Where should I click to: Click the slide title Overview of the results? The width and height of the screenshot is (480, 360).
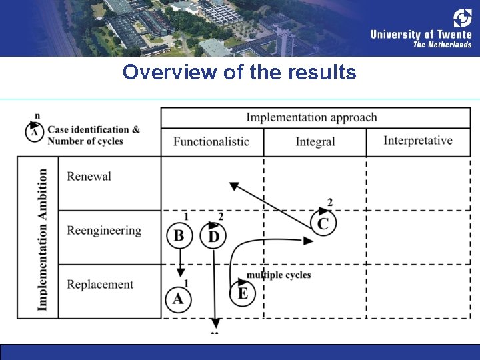pos(239,72)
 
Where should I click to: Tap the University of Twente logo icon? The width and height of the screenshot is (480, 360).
pos(463,18)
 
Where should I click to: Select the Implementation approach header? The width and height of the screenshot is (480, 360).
pos(311,118)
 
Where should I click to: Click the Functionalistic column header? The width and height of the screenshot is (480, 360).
pos(211,141)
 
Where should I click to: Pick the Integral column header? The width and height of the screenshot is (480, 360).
pos(315,141)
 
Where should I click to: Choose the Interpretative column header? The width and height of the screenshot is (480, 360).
pos(418,141)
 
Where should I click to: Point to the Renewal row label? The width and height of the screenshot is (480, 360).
pos(89,177)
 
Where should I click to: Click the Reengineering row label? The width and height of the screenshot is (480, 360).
pos(104,231)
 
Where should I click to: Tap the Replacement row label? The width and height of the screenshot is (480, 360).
pos(100,285)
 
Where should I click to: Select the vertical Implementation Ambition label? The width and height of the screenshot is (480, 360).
pos(43,239)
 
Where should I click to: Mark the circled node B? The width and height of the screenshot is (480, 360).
pos(179,235)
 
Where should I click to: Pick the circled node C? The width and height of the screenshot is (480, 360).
pos(323,223)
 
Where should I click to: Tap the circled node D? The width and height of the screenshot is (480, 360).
pos(213,236)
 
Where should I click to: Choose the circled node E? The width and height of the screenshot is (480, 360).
pos(243,293)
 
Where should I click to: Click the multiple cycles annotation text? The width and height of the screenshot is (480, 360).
pos(279,275)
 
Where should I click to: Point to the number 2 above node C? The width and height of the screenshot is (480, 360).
pos(330,203)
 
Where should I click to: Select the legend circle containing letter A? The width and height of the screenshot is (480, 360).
pos(35,133)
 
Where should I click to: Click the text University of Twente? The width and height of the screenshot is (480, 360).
pos(421,35)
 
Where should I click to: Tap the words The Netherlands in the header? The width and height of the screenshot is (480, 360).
pos(442,45)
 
